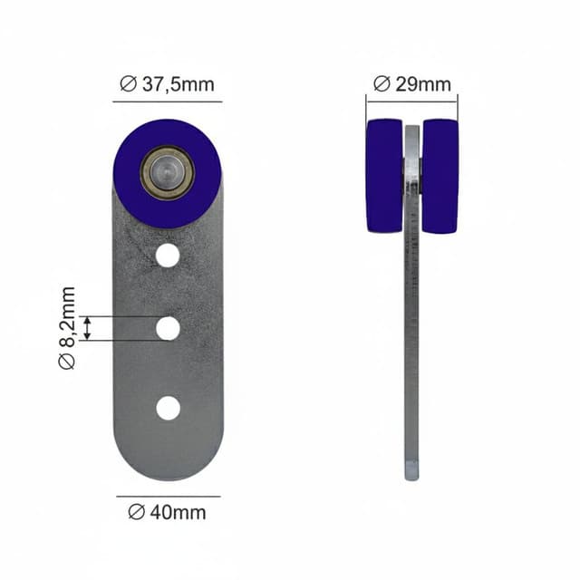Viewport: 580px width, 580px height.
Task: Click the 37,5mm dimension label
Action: pos(167,84)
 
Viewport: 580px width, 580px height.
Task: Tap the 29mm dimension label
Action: pos(412,84)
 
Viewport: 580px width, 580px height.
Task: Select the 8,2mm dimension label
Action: pos(67,328)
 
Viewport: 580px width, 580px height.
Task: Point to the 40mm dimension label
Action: pos(167,512)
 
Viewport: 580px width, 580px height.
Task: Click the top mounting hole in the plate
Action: pos(168,256)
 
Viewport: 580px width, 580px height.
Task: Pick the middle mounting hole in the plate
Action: pos(168,328)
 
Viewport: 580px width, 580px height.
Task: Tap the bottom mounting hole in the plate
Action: pos(169,408)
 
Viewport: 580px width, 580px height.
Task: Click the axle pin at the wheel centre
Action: pos(167,173)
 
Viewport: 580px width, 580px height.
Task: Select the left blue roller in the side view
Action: pos(384,176)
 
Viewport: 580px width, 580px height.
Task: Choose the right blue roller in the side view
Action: pos(440,176)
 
